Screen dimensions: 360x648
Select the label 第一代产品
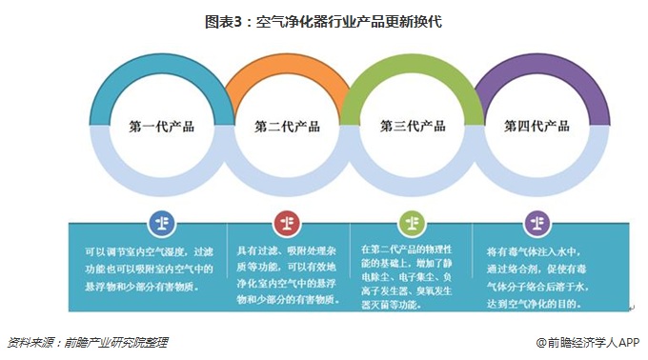[161, 126]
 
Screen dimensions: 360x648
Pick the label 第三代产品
[413, 126]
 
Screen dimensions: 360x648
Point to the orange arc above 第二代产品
[287, 68]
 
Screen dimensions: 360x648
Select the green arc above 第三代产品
[413, 68]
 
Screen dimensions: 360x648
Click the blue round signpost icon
[161, 223]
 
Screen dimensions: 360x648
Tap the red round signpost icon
[287, 223]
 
